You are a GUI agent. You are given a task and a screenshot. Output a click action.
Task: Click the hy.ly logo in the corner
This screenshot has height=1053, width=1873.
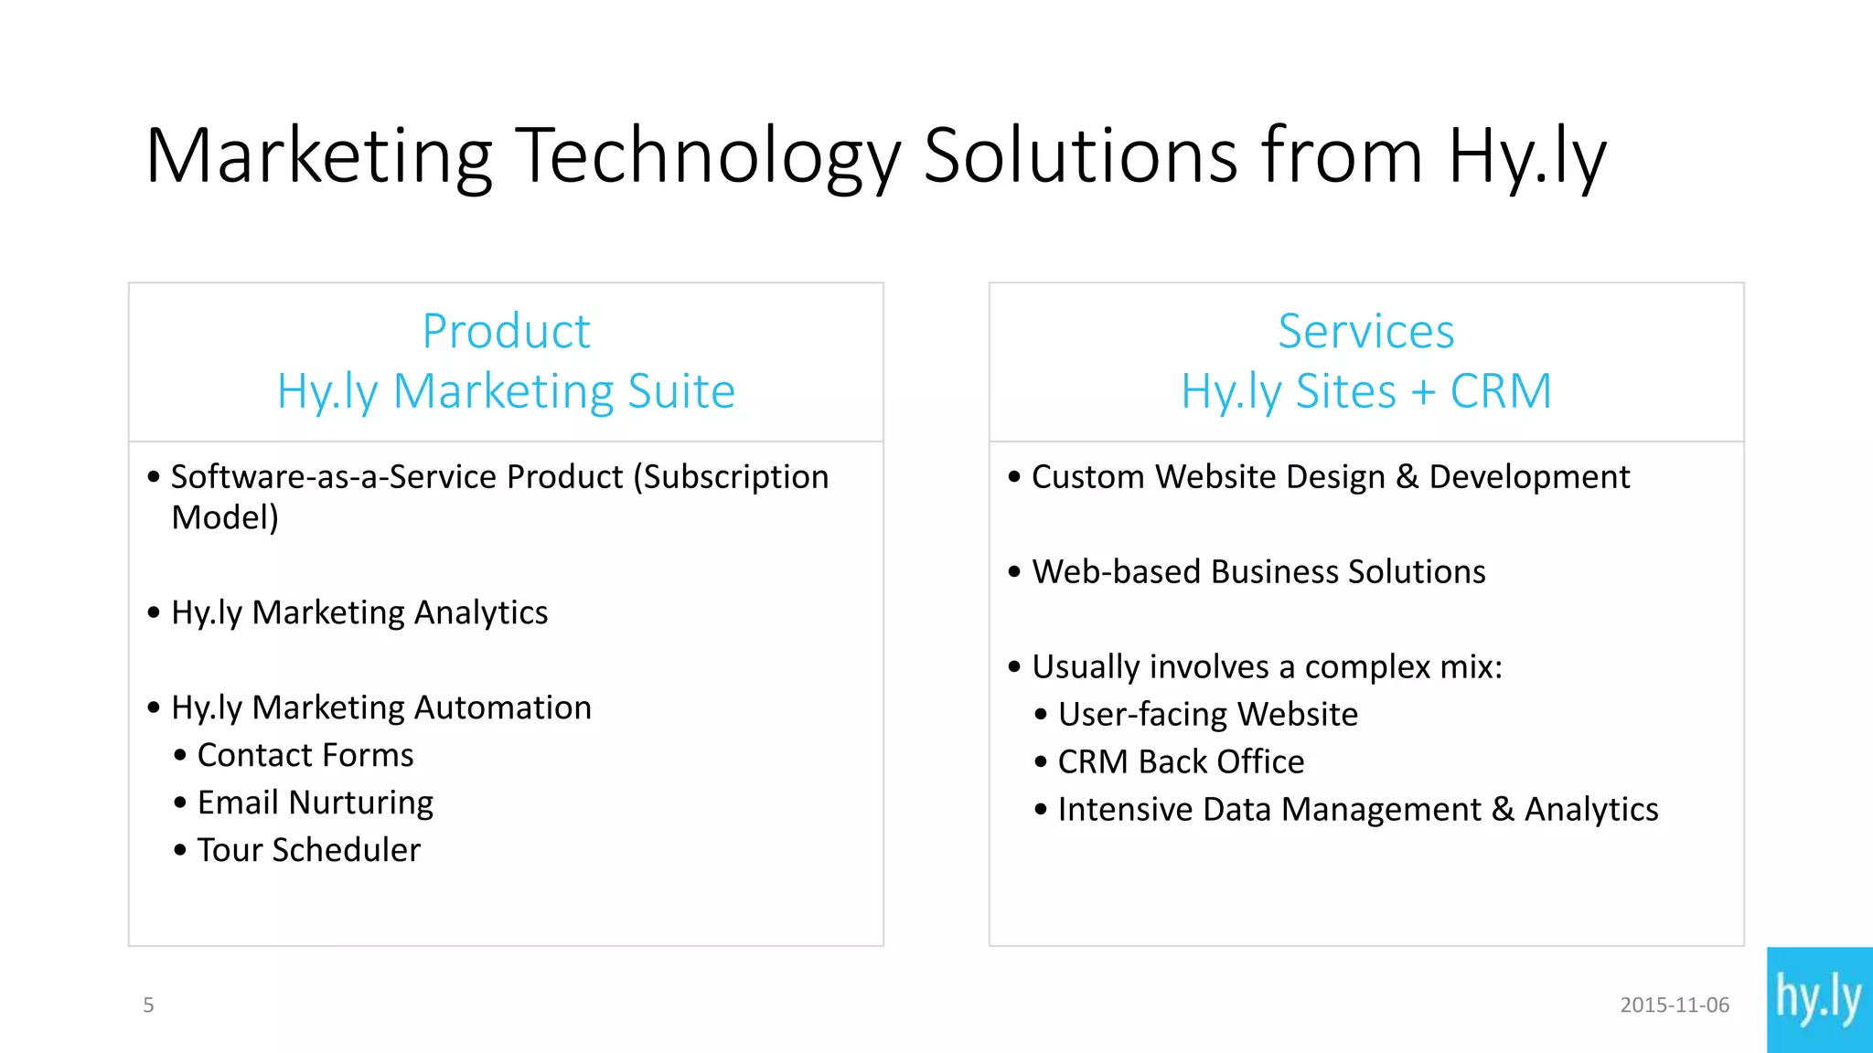coord(1819,999)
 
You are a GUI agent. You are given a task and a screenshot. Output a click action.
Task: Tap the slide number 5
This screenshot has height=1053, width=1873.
coord(148,1005)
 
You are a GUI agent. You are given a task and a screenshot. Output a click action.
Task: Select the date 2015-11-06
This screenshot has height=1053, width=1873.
coord(1675,1005)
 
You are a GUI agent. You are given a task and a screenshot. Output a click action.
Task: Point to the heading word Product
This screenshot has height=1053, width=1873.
coord(506,331)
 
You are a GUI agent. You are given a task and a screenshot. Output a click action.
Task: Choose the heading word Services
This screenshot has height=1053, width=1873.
coord(1365,331)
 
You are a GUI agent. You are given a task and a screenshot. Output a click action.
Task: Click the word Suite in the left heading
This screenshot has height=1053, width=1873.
coord(681,391)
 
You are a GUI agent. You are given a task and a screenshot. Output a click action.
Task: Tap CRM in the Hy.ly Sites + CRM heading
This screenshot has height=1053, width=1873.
coord(1501,391)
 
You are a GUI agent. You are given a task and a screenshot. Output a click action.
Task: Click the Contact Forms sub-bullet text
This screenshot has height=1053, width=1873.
coord(305,755)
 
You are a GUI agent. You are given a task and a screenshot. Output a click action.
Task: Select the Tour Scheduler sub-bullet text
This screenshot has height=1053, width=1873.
coord(309,850)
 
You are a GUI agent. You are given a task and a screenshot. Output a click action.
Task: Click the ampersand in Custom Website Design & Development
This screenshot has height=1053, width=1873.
coord(1407,477)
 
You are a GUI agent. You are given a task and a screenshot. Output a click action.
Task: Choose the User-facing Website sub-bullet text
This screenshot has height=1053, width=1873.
coord(1207,715)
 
